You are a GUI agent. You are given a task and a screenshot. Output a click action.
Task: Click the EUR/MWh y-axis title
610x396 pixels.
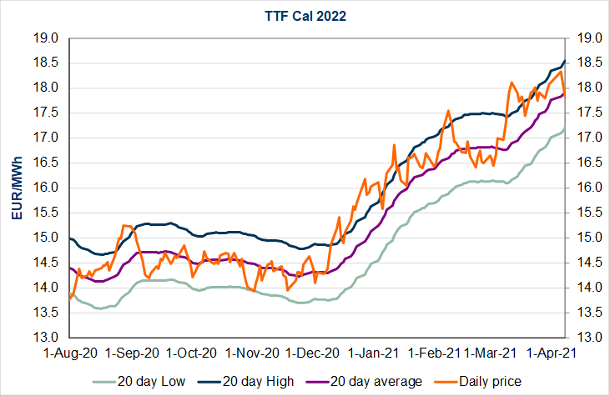click(x=17, y=188)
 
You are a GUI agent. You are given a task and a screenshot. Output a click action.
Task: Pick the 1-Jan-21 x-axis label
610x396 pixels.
click(x=374, y=353)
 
